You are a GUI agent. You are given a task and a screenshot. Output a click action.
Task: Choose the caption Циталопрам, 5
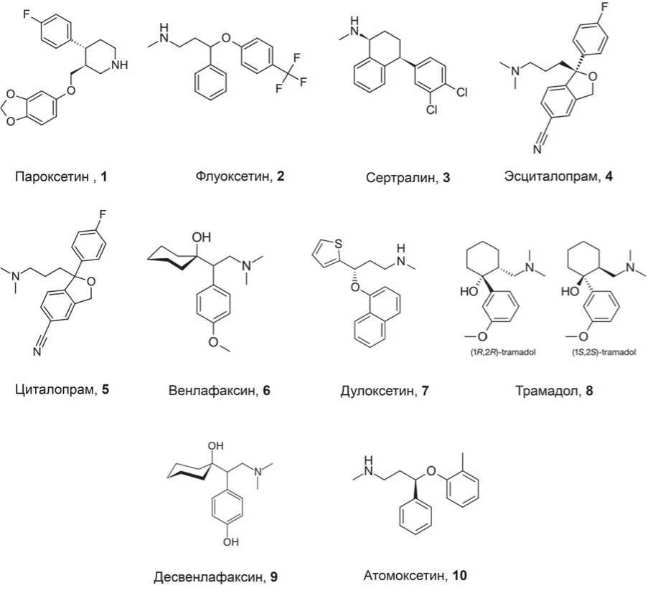point(61,390)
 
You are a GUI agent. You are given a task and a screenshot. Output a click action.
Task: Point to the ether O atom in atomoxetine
point(431,471)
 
